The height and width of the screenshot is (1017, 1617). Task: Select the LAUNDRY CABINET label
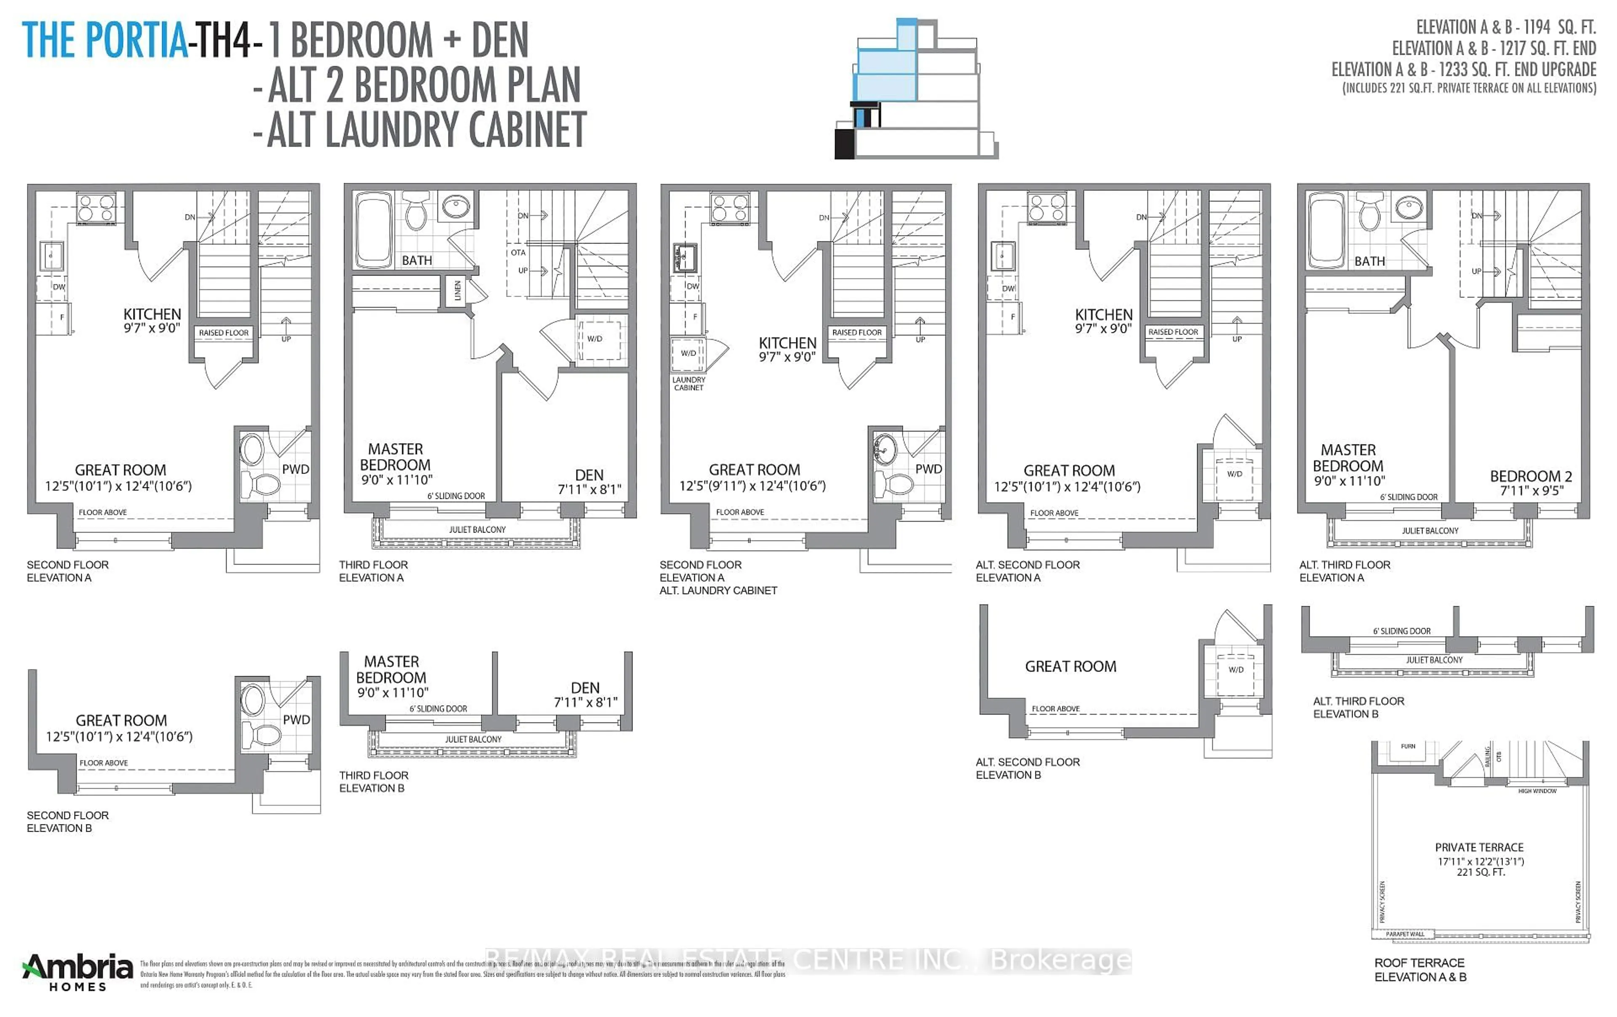(x=688, y=383)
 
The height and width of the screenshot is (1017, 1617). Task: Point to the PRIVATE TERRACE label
(x=1479, y=848)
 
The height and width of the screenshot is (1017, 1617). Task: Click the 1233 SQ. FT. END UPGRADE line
(x=1464, y=69)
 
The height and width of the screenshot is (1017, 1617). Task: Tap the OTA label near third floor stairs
(x=518, y=253)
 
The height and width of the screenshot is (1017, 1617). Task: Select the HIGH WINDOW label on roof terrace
(x=1537, y=791)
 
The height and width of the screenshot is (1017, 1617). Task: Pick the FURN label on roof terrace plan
(x=1408, y=746)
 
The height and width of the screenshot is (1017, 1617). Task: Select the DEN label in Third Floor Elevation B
(x=585, y=688)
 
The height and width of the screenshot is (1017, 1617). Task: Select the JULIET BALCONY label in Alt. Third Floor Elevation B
(x=1434, y=660)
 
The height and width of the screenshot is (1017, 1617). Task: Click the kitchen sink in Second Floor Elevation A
(x=52, y=256)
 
